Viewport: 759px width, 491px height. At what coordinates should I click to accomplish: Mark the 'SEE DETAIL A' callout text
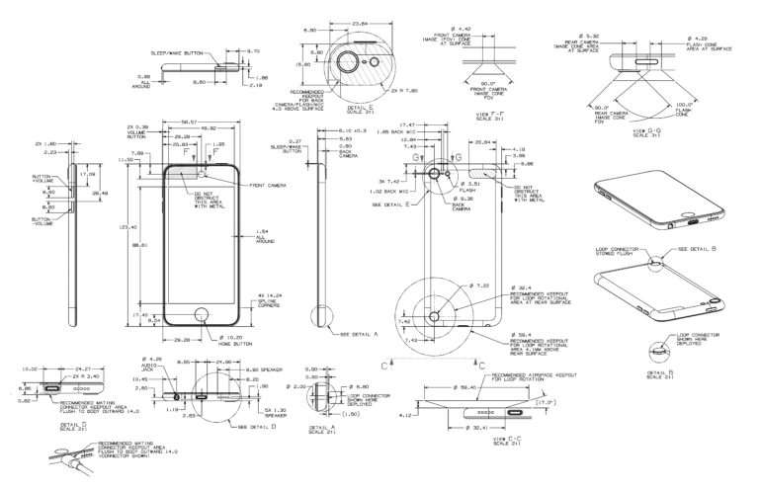click(355, 334)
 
